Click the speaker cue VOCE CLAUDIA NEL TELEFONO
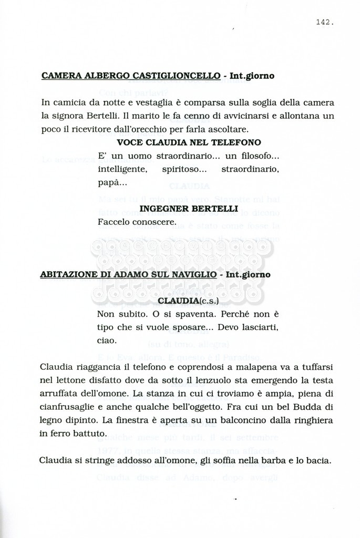(x=189, y=142)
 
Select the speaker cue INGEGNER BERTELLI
(x=189, y=209)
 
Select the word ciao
(x=107, y=340)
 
